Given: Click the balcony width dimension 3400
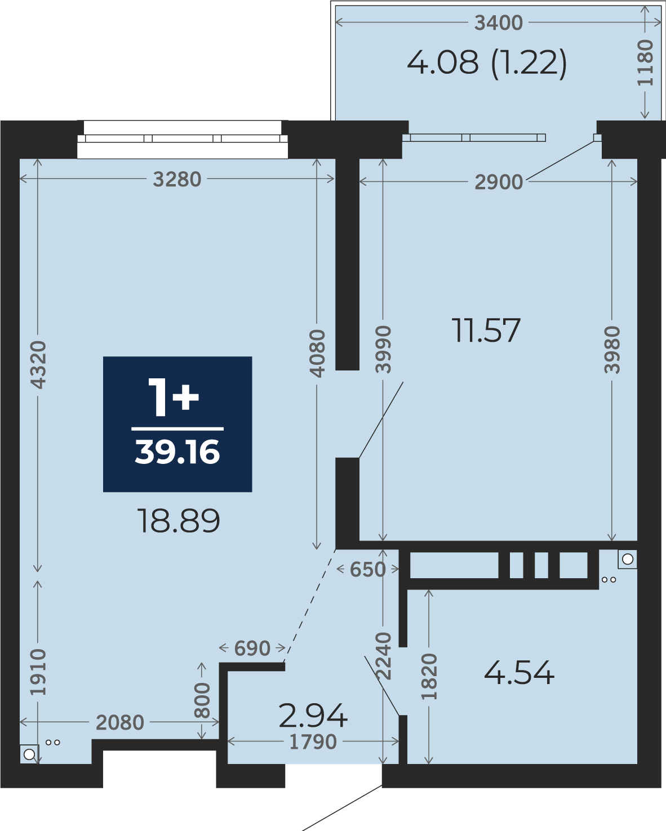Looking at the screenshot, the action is point(498,23).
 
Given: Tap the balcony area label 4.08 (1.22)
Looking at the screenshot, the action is point(487,63).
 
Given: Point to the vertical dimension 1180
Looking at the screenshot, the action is point(645,63).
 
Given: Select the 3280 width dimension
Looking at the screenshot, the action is point(177,179).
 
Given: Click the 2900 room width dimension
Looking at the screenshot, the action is point(499,182).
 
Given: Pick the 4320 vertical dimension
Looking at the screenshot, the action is point(38,364).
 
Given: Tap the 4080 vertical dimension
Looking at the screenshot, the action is point(317,354).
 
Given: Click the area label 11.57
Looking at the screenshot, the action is point(486,330).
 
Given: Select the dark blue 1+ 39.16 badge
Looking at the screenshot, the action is point(177,424).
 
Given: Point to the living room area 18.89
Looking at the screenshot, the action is point(179,521).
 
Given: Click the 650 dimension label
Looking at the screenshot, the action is point(367,569).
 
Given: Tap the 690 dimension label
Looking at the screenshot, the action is point(252,649).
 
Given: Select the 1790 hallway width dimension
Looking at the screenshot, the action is point(313,742).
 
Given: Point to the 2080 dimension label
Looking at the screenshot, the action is point(120,722).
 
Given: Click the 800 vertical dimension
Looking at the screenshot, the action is point(202,700).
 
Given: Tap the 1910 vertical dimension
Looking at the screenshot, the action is point(38,673).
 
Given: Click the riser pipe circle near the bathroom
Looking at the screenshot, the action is point(627,559).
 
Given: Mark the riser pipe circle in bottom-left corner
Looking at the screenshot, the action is point(29,754).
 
